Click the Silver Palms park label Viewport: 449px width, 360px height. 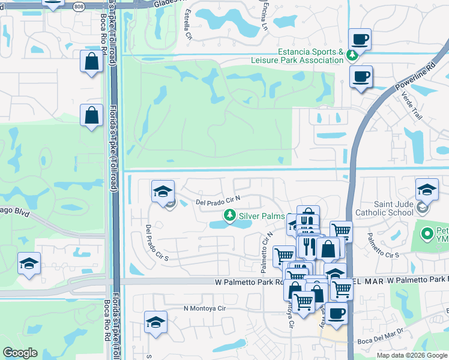click(x=261, y=215)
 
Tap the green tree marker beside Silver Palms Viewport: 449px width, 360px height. click(x=229, y=215)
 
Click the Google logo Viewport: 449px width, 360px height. click(x=20, y=353)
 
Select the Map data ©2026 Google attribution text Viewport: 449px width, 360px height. click(x=412, y=355)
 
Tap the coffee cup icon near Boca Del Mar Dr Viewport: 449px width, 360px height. click(x=337, y=313)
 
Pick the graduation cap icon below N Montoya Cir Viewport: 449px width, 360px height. click(x=155, y=323)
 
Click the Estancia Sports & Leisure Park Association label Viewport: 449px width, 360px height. click(x=310, y=56)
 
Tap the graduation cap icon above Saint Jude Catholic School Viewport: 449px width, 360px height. click(x=427, y=190)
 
